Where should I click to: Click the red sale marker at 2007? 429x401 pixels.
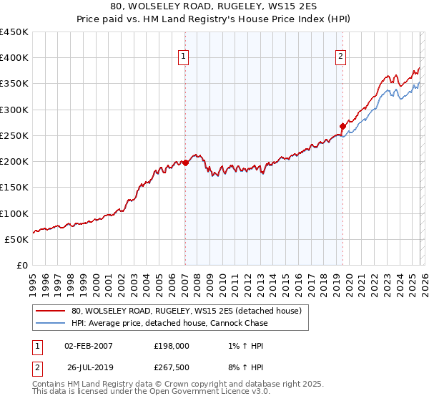[185, 163]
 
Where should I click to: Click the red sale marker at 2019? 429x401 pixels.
[342, 126]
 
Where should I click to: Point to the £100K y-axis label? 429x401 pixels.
[14, 213]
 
